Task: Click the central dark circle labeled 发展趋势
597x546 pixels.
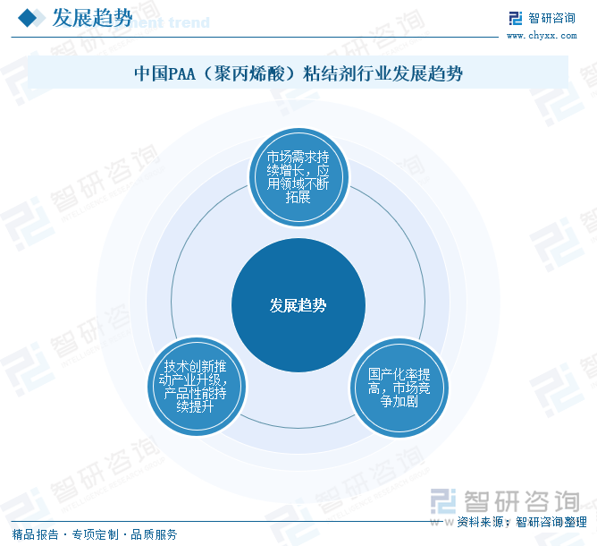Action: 298,305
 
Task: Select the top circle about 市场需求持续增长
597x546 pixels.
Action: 298,177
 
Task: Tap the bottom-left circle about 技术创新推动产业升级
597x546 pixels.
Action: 197,387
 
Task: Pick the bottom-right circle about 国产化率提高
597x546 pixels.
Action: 399,388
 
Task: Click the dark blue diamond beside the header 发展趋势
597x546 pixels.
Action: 27,18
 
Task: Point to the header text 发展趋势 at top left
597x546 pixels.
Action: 92,18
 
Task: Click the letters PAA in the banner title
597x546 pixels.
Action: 181,73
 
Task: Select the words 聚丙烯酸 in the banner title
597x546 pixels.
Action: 249,73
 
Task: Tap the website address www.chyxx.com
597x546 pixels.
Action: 542,36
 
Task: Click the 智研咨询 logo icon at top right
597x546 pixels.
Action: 516,18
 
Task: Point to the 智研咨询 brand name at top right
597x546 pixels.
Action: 551,18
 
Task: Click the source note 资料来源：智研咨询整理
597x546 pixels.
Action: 522,522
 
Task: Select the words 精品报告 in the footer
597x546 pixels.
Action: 36,534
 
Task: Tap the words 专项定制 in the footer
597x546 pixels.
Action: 96,534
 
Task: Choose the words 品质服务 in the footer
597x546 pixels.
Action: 155,534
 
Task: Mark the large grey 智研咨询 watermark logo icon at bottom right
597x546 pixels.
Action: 443,501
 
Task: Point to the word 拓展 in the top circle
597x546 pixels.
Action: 298,197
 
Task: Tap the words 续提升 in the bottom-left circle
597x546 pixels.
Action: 195,406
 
